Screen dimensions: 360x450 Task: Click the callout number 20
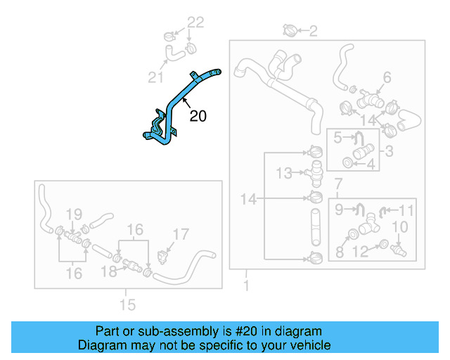pyautogui.click(x=198, y=116)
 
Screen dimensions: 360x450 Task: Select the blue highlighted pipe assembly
pyautogui.click(x=177, y=105)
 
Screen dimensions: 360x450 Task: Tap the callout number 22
pyautogui.click(x=195, y=22)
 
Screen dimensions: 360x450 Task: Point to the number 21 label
pyautogui.click(x=155, y=76)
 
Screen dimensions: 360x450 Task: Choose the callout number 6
pyautogui.click(x=387, y=77)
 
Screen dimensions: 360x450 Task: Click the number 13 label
pyautogui.click(x=283, y=173)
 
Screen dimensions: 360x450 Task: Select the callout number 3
pyautogui.click(x=388, y=150)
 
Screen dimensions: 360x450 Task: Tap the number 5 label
pyautogui.click(x=337, y=138)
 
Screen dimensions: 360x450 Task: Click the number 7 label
pyautogui.click(x=338, y=184)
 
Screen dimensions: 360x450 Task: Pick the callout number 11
pyautogui.click(x=407, y=209)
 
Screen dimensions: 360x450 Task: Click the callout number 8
pyautogui.click(x=338, y=251)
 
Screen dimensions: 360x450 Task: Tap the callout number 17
pyautogui.click(x=181, y=234)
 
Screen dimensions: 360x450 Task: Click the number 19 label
pyautogui.click(x=75, y=214)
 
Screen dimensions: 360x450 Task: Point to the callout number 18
pyautogui.click(x=110, y=271)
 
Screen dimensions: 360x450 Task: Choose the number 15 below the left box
pyautogui.click(x=127, y=304)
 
